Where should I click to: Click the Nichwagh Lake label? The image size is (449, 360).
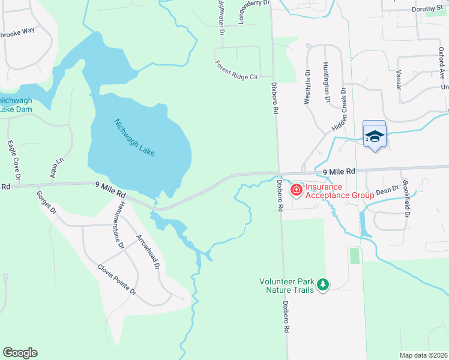pyautogui.click(x=134, y=137)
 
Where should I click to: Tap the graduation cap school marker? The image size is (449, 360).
pyautogui.click(x=375, y=136)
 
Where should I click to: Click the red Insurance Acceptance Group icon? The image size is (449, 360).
pyautogui.click(x=296, y=190)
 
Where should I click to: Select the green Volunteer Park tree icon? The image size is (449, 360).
pyautogui.click(x=323, y=284)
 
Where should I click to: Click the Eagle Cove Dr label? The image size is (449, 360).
pyautogui.click(x=13, y=161)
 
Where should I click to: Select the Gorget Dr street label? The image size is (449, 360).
pyautogui.click(x=46, y=203)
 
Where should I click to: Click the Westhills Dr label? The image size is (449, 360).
pyautogui.click(x=307, y=91)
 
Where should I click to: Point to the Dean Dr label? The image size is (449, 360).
pyautogui.click(x=387, y=190)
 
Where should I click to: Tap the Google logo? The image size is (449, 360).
pyautogui.click(x=20, y=353)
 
